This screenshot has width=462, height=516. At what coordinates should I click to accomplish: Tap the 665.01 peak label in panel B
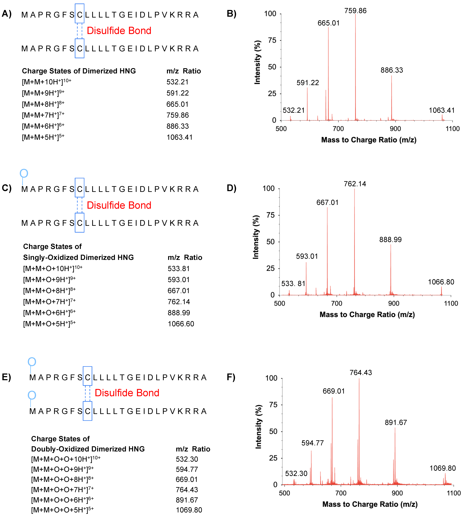click(328, 23)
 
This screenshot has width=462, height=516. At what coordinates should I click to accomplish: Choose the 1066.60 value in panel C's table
click(181, 324)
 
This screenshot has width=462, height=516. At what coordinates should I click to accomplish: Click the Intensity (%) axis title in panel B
click(257, 62)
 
